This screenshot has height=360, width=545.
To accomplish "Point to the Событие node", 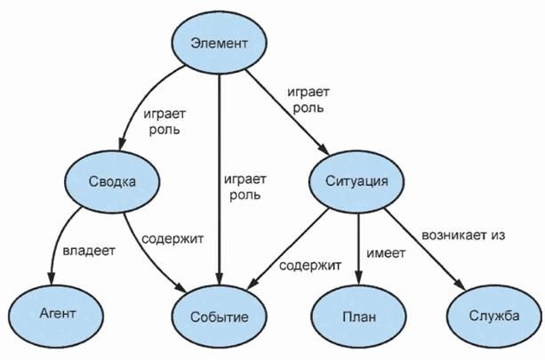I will (220, 317).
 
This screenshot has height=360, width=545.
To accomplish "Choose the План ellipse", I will (358, 317).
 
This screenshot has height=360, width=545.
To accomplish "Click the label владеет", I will (89, 252).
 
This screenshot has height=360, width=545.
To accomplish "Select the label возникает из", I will (463, 236).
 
